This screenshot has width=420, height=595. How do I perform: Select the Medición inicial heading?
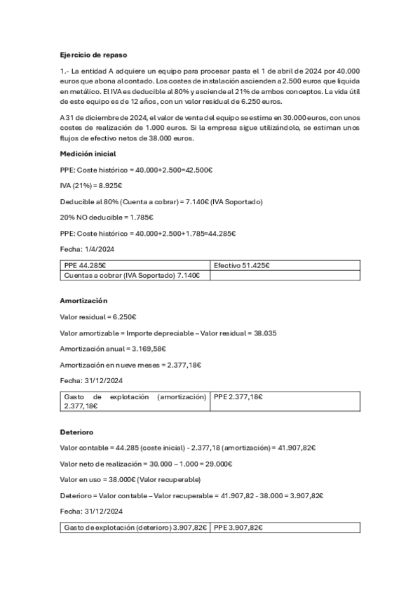pos(88,154)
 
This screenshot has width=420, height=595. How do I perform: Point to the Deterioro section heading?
pos(77,432)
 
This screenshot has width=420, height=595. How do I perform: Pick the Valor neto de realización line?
pos(147,464)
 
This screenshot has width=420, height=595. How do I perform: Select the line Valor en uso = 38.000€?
pos(130,480)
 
